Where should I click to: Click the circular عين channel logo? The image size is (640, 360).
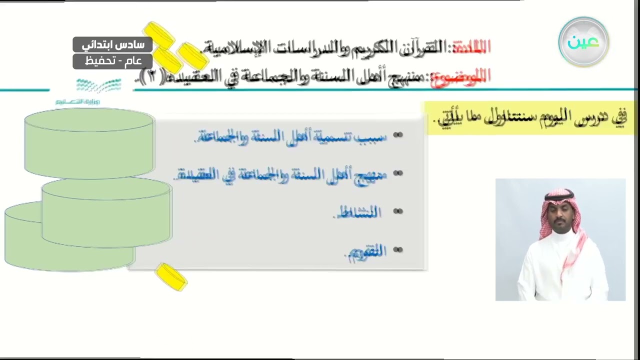click(583, 42)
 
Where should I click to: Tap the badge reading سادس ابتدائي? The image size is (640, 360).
click(112, 45)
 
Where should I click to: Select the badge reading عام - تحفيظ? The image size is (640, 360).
click(112, 61)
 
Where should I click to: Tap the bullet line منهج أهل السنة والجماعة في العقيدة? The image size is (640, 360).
click(282, 174)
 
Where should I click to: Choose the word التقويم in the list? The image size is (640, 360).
click(366, 251)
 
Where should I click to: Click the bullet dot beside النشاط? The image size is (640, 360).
click(398, 211)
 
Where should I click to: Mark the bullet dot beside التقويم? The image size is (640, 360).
click(398, 249)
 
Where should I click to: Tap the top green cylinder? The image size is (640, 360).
click(89, 142)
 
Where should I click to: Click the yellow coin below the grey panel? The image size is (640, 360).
click(171, 276)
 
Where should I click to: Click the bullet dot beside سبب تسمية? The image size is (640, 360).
click(398, 135)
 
